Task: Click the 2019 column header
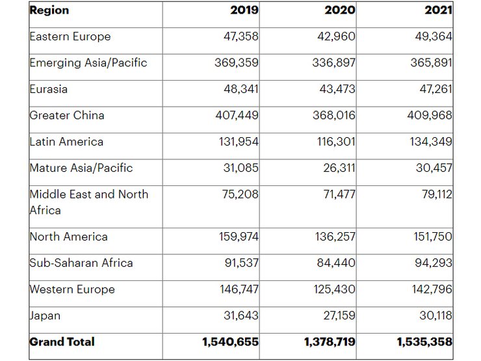point(244,10)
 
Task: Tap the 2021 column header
point(439,10)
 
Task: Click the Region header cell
point(49,10)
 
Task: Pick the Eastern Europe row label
point(70,36)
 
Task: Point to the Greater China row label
point(67,115)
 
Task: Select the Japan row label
point(45,315)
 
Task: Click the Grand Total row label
point(62,341)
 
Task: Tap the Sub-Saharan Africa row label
point(81,263)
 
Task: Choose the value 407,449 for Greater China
point(237,115)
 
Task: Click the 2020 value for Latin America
point(333,142)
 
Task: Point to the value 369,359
point(237,62)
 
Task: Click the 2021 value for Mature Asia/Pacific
point(434,168)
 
